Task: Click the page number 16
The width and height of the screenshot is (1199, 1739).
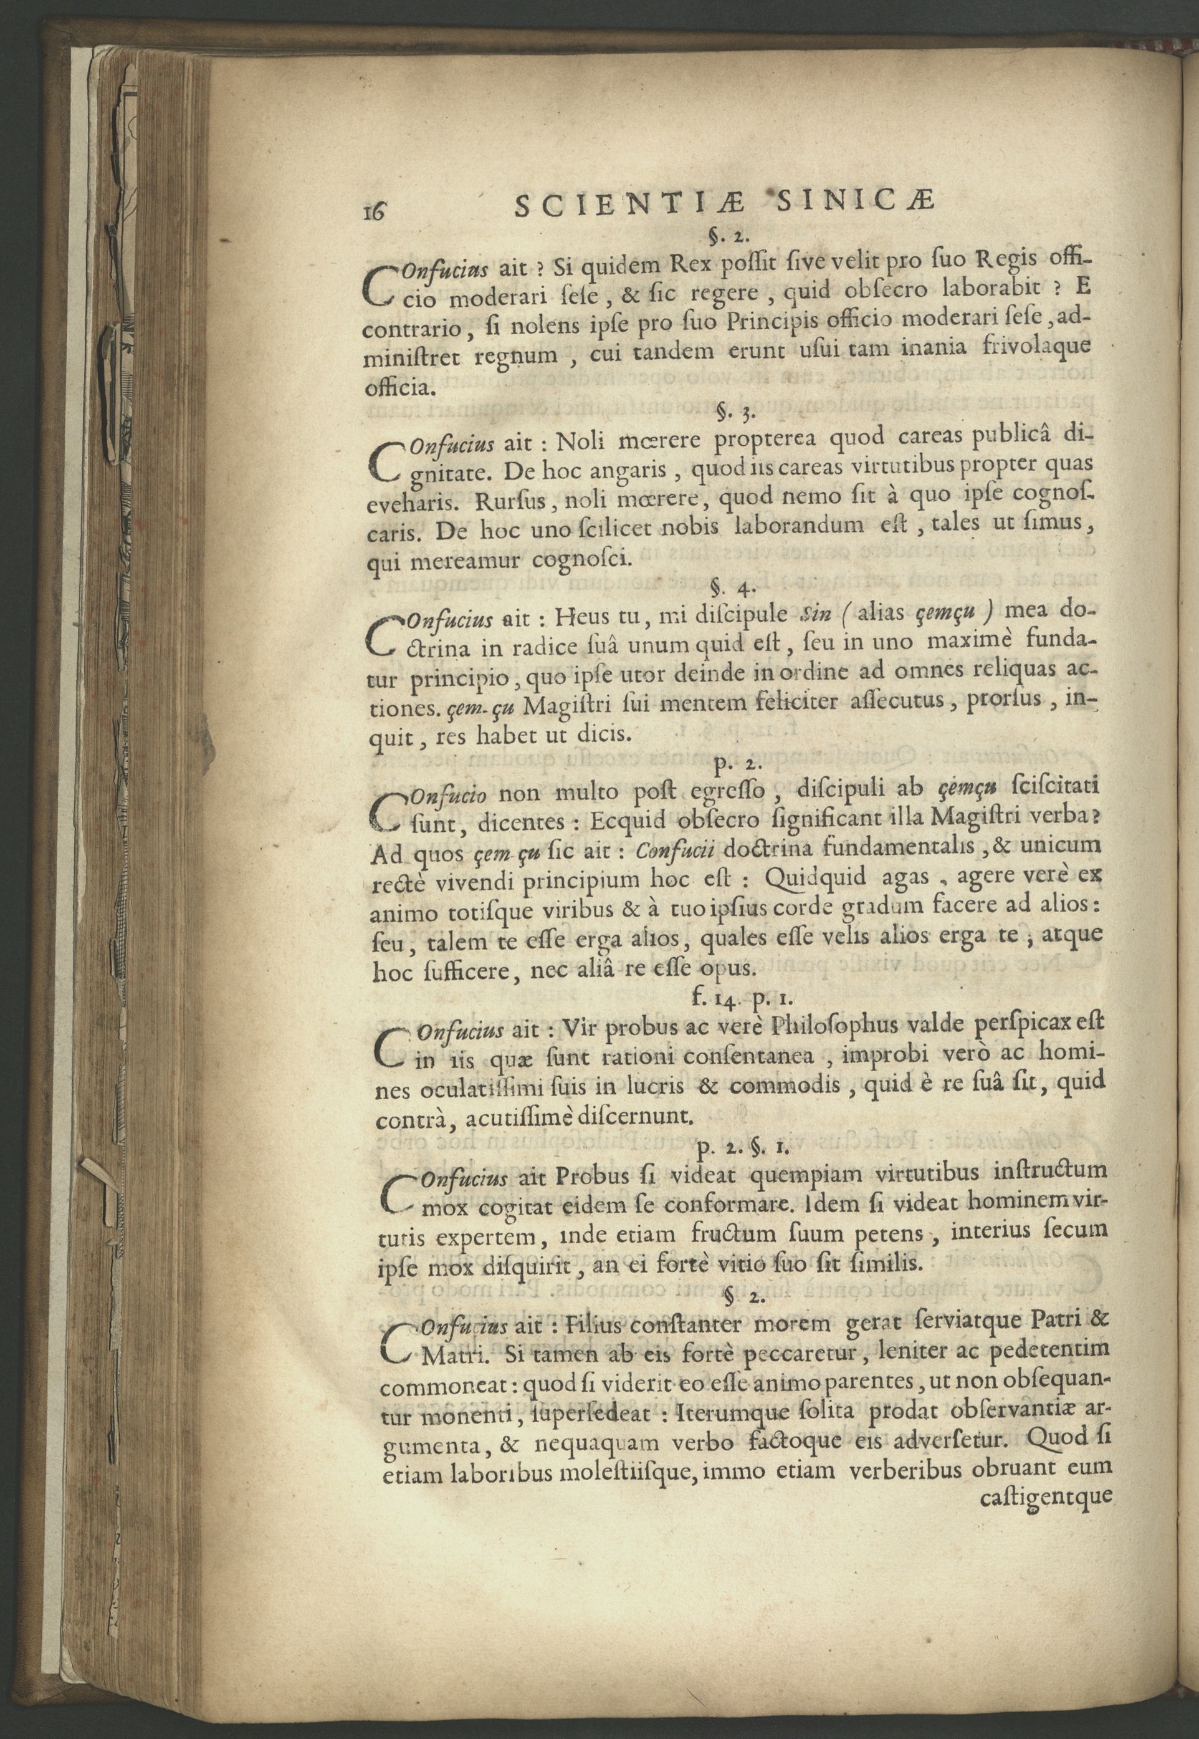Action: tap(373, 211)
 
